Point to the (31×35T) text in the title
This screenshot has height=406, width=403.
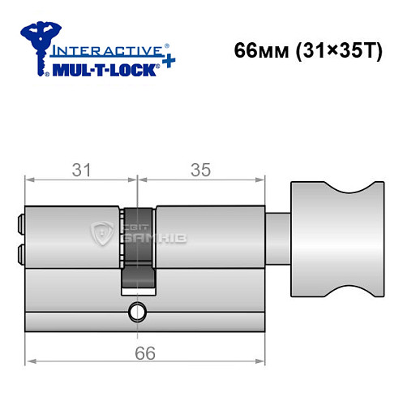coord(333,50)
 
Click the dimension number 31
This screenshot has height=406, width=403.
coord(81,170)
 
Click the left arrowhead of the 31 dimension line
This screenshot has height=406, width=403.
coord(30,180)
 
